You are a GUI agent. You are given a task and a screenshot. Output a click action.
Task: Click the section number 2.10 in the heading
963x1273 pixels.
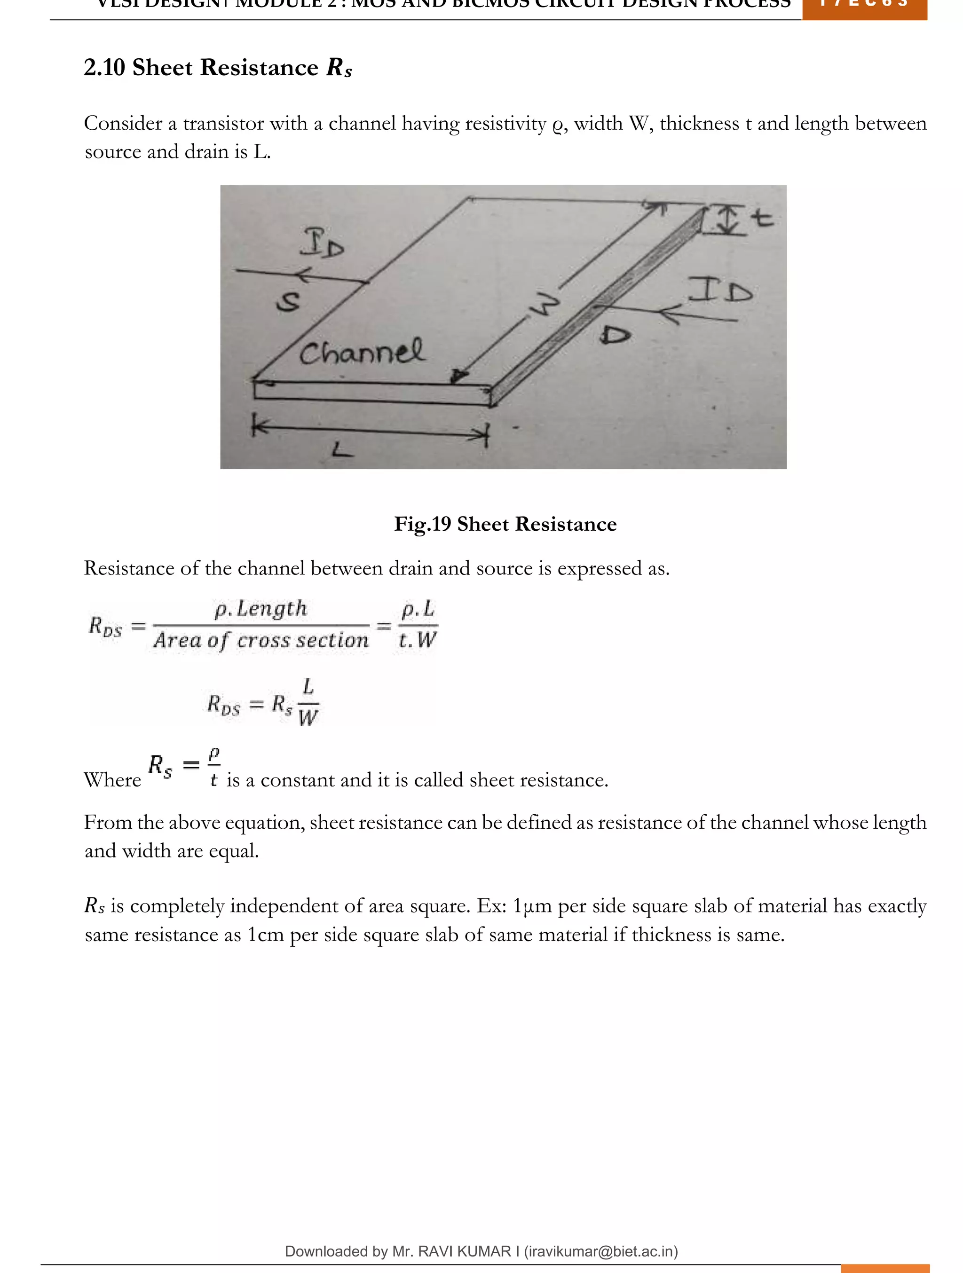(104, 68)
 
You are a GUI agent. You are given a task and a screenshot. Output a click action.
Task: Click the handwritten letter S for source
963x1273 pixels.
(288, 301)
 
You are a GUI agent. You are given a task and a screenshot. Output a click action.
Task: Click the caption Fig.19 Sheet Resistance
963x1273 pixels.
(505, 524)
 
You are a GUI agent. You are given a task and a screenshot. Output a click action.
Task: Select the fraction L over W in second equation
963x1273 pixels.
(308, 702)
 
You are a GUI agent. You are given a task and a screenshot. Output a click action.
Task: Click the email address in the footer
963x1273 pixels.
(601, 1251)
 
